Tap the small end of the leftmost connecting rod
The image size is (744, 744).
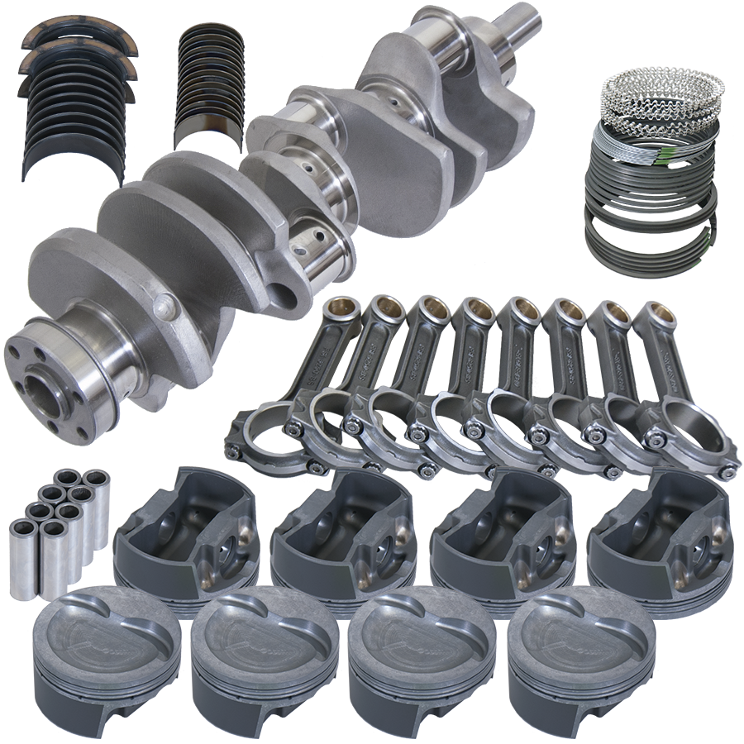(x=338, y=308)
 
